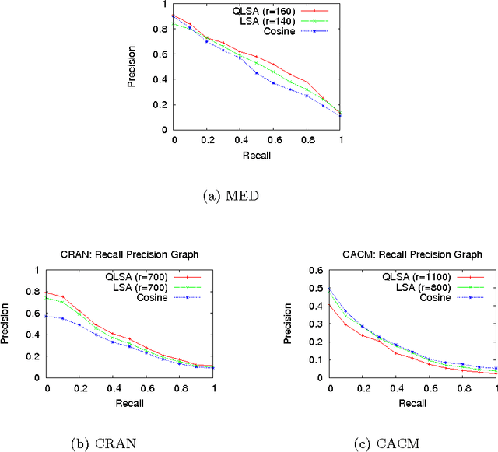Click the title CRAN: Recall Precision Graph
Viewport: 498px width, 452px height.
[x=130, y=254]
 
